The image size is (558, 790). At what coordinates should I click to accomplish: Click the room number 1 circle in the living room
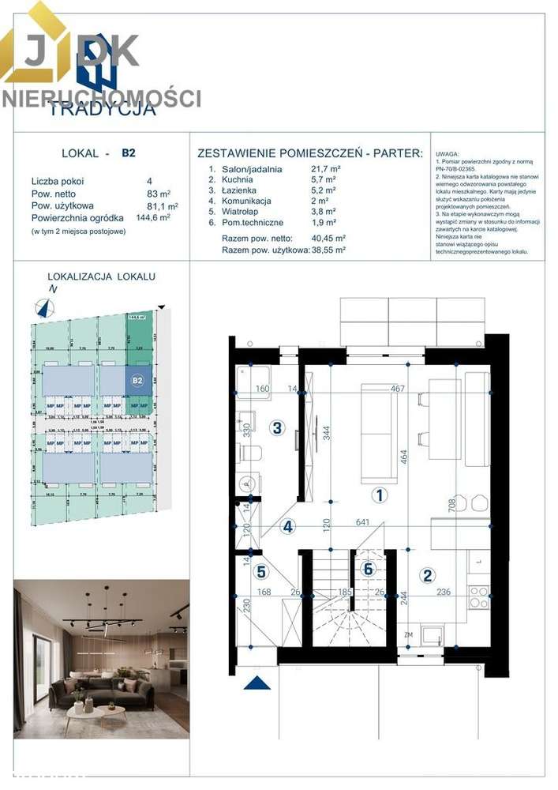(380, 495)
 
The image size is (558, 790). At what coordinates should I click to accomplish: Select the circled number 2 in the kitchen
(427, 575)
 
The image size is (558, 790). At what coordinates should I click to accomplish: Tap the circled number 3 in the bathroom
(276, 428)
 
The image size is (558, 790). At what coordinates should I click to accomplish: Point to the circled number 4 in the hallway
(289, 526)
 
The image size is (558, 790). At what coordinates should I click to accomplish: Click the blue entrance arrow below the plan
(257, 682)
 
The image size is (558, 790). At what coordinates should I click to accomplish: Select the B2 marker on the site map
(137, 381)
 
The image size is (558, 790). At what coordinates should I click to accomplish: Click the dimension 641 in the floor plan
(362, 521)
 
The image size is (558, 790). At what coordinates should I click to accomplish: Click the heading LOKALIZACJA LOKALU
(102, 276)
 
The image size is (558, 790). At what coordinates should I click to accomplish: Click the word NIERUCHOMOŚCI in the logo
(101, 99)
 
